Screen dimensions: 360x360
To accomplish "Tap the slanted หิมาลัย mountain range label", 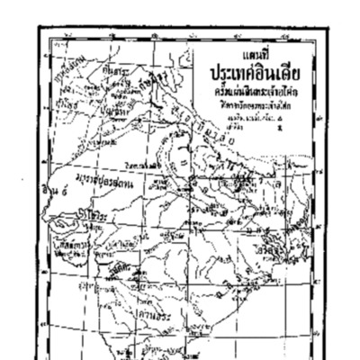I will [216, 144].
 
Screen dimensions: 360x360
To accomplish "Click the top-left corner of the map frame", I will [40, 27].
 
